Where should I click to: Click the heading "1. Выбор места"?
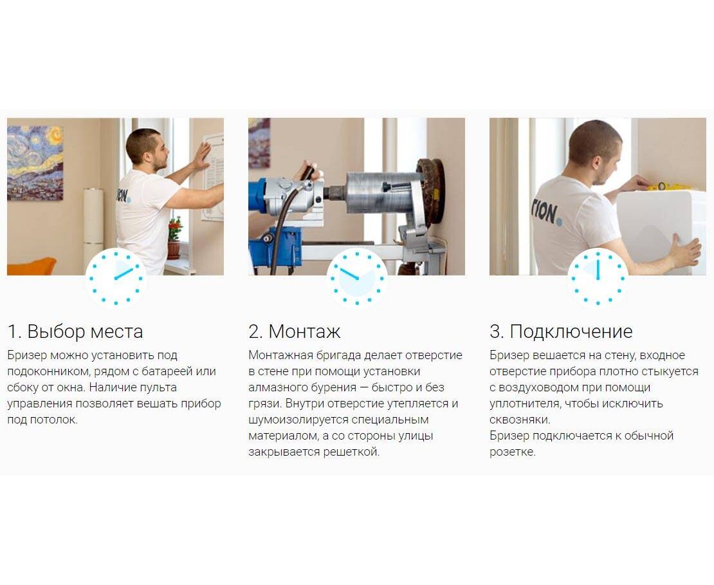click(x=75, y=331)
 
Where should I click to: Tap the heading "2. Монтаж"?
click(x=295, y=331)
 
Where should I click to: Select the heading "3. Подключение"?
click(x=561, y=331)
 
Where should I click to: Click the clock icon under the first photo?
click(x=116, y=277)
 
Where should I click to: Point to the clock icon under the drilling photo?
click(x=357, y=277)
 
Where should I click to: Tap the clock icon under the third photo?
click(x=598, y=277)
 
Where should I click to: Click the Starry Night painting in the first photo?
click(x=35, y=163)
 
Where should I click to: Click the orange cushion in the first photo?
click(x=30, y=266)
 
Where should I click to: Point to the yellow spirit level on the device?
click(x=670, y=187)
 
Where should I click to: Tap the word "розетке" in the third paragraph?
click(x=512, y=452)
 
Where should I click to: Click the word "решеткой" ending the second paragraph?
click(x=351, y=452)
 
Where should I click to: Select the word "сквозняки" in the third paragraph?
click(x=519, y=420)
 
